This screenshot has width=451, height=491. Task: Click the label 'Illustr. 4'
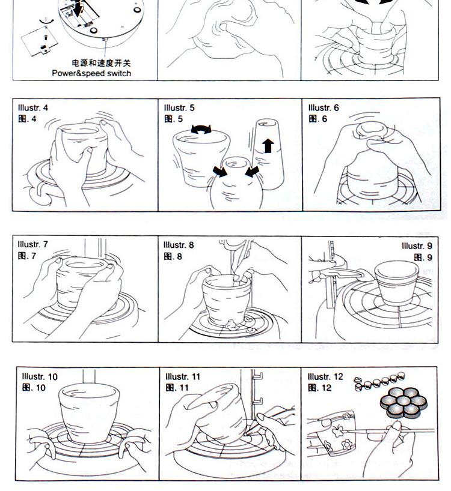click(x=33, y=107)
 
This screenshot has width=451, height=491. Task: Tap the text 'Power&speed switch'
click(x=91, y=73)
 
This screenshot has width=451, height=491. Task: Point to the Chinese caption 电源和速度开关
click(x=101, y=63)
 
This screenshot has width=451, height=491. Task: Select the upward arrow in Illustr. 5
click(x=268, y=146)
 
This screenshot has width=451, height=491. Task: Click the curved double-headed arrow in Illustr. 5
click(x=201, y=129)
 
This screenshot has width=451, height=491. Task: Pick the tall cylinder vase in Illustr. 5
click(x=268, y=154)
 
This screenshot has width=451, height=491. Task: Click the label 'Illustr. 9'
click(x=417, y=246)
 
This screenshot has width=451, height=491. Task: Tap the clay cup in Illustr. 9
click(x=396, y=283)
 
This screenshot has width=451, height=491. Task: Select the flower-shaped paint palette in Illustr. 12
click(x=403, y=402)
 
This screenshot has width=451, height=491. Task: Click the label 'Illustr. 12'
click(x=325, y=376)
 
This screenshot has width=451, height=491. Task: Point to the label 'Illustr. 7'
click(x=33, y=244)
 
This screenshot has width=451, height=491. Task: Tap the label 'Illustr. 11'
click(x=183, y=376)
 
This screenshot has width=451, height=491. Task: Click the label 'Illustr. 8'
click(x=179, y=245)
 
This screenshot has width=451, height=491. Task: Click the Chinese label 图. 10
click(x=34, y=388)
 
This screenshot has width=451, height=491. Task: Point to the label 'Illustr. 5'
click(x=179, y=107)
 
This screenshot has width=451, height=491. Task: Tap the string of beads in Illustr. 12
click(x=379, y=381)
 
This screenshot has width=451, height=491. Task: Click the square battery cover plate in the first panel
click(x=40, y=41)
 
